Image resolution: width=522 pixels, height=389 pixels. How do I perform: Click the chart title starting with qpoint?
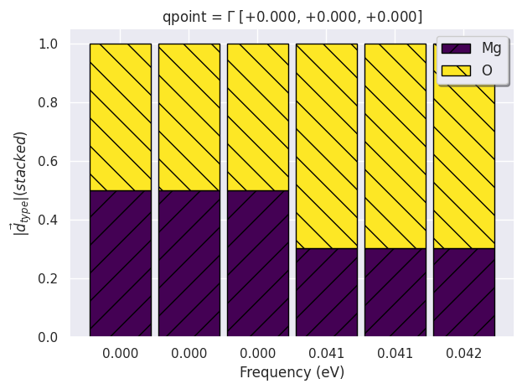click(x=291, y=17)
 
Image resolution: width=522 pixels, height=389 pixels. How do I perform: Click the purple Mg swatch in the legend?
click(x=456, y=48)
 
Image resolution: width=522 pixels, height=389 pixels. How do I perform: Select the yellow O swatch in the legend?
click(x=456, y=70)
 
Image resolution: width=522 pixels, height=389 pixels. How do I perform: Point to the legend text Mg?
click(x=492, y=48)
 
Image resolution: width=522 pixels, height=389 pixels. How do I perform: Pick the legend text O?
click(x=487, y=70)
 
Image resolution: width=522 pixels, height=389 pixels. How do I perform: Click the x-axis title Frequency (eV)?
click(x=292, y=372)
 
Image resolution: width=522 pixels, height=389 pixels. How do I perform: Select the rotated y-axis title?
click(x=20, y=189)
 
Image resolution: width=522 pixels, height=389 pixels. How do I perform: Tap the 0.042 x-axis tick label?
click(x=463, y=354)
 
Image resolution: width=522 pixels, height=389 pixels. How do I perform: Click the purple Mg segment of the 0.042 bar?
click(x=463, y=293)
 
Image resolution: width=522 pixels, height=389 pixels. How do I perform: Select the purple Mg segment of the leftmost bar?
click(x=121, y=263)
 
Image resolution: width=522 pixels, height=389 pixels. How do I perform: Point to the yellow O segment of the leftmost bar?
click(x=121, y=117)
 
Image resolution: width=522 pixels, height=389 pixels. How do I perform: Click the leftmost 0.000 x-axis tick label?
click(x=121, y=354)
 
